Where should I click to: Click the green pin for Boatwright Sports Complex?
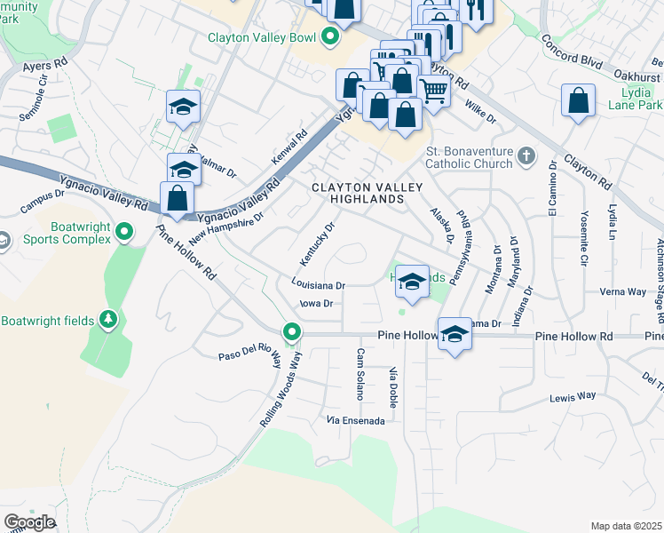tap(124, 233)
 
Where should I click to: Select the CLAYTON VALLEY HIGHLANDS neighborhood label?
tap(357, 194)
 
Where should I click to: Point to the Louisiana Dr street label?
tap(317, 285)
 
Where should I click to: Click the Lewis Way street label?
tap(573, 397)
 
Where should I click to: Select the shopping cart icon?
tap(433, 90)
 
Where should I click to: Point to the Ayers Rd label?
tap(46, 65)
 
